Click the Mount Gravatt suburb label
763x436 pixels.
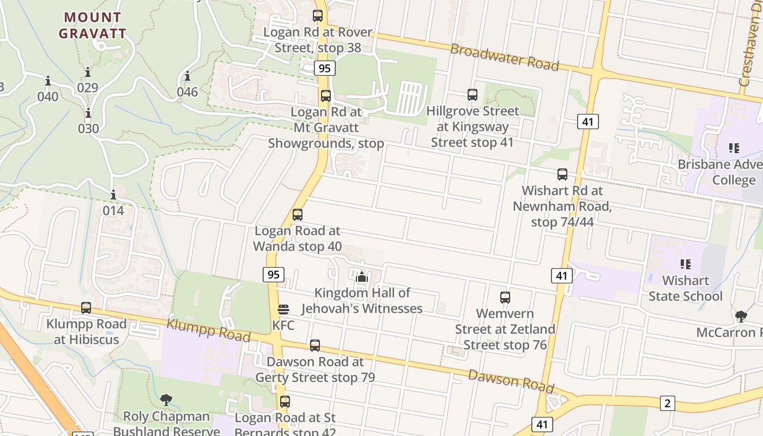tap(93, 25)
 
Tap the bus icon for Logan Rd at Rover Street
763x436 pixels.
tap(318, 16)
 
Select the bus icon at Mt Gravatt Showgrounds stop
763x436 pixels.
tap(326, 96)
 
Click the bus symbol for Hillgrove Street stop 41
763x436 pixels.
tap(473, 95)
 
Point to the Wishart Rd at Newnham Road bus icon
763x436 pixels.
tap(562, 174)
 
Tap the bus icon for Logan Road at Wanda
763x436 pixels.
tap(298, 215)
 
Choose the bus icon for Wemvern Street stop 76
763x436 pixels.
tap(505, 298)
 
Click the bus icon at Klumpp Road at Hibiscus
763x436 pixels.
tap(86, 308)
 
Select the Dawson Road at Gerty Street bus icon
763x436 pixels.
tap(315, 346)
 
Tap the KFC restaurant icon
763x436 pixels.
tap(283, 310)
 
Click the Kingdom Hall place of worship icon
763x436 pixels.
tap(361, 277)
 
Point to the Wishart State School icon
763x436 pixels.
tap(686, 264)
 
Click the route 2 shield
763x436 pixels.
tap(667, 403)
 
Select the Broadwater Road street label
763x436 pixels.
tap(505, 57)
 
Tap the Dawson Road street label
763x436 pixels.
tap(511, 380)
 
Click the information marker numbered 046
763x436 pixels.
tap(187, 76)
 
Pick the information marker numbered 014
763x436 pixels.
tap(113, 195)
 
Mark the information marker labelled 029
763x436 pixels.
tap(88, 72)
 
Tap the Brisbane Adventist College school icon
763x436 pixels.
tap(734, 148)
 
